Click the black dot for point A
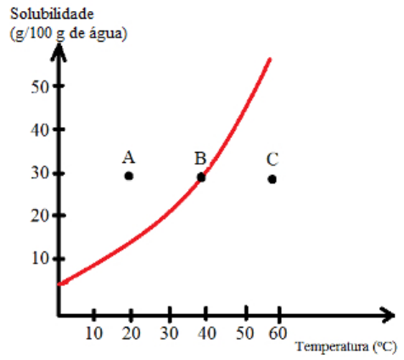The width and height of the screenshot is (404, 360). point(129,176)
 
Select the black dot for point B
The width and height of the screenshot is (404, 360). point(201,177)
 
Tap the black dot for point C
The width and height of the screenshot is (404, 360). point(272,179)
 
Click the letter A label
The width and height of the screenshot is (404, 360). point(129,157)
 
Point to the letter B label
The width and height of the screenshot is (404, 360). point(200,159)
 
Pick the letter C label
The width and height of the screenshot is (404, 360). point(272,160)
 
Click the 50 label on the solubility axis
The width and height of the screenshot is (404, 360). point(40,87)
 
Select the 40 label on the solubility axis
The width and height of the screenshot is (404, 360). point(40,131)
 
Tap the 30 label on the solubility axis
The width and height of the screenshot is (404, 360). point(40,173)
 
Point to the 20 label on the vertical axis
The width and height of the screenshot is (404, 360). point(40,217)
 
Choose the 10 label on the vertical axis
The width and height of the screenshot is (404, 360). point(41,258)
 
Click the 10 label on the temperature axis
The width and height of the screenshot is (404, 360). point(94,334)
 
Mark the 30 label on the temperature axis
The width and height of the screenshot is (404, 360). point(169,334)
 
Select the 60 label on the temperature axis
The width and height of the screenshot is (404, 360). point(278,333)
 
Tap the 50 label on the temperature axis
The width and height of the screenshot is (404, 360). point(245,334)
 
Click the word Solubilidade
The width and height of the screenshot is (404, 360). point(52,14)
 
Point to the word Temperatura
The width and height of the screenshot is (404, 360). point(332,346)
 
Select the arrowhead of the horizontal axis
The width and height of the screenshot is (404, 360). point(387,315)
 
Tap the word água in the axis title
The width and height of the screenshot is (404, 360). point(108,34)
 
